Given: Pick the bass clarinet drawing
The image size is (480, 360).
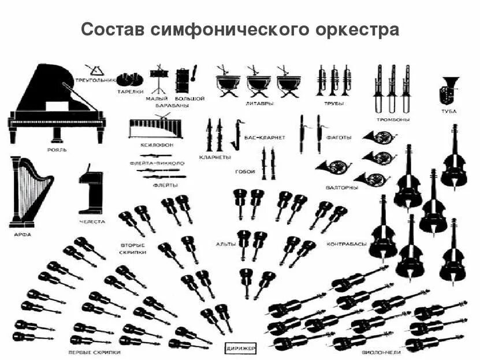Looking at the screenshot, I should [x=236, y=134].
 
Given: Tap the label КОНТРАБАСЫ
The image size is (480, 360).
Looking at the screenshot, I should [x=346, y=244].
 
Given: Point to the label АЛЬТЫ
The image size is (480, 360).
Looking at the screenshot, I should [x=225, y=244].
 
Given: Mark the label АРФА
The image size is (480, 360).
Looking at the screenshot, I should [x=23, y=234].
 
